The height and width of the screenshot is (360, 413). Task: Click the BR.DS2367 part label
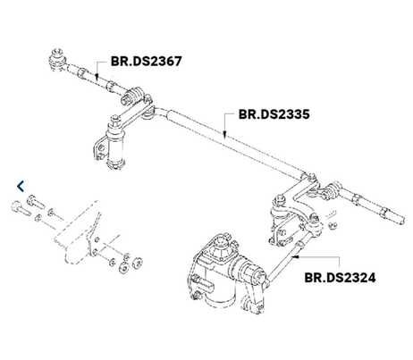146,62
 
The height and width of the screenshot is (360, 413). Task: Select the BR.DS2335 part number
274,114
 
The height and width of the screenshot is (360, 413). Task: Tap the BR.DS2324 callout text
340,278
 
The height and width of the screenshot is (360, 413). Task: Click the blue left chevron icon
21,187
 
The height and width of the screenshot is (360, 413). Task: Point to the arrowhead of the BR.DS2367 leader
97,77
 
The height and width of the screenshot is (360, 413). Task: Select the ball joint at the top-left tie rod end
56,59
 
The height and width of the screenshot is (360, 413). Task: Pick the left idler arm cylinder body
114,146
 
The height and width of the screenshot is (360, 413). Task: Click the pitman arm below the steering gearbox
253,297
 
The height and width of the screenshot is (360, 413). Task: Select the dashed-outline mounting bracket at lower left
79,234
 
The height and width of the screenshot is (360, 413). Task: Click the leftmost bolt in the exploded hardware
21,208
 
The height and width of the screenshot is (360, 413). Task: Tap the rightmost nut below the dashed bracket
137,263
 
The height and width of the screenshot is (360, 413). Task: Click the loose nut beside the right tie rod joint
333,225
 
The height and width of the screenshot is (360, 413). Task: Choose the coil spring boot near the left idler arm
133,96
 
